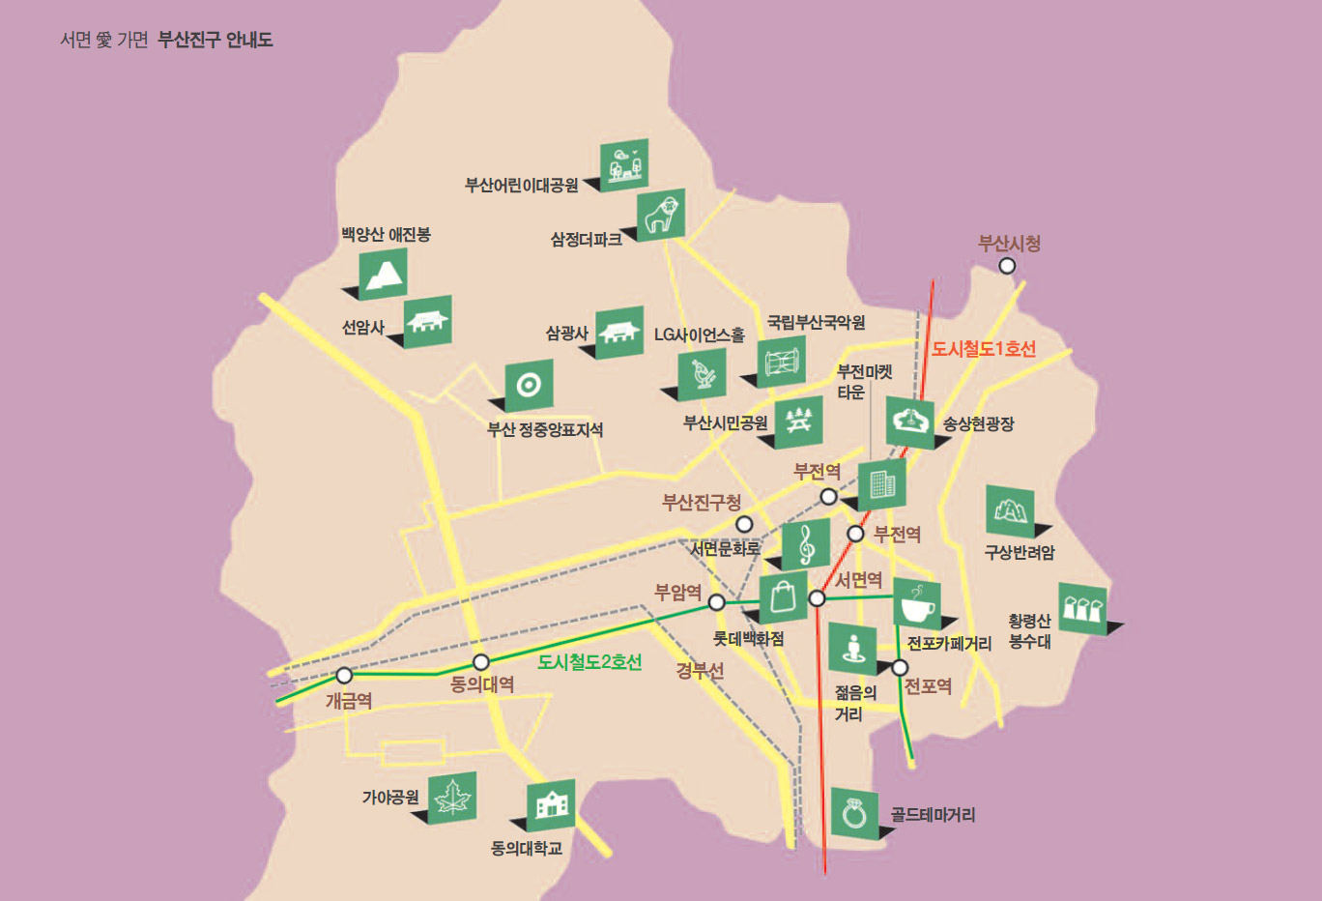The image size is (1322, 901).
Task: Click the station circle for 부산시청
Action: coord(1007,266)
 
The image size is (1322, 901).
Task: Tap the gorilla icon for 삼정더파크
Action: coord(661,215)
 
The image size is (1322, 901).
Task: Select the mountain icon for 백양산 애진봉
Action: coord(384,274)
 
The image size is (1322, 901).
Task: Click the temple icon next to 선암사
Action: coord(427,321)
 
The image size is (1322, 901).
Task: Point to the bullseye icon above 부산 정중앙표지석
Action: coord(529,385)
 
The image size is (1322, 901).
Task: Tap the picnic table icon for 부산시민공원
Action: coord(798,421)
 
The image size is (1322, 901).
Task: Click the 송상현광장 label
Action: coord(978,423)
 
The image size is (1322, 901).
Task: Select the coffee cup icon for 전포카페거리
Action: coord(916,604)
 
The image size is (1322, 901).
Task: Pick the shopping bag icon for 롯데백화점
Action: coord(784,597)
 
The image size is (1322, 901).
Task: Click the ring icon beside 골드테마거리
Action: coord(854,813)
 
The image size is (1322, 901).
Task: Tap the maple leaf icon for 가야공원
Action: coord(451,799)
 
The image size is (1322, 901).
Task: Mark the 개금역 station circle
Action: coord(344,676)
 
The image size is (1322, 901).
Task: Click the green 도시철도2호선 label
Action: coord(589,661)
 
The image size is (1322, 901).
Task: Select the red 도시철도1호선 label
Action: coord(983,349)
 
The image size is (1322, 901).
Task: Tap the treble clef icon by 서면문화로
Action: coord(806,545)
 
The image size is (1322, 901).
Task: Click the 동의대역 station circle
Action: coord(480,662)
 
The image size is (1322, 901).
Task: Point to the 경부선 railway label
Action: coord(700,670)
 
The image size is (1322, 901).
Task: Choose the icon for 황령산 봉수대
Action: coord(1082,608)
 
